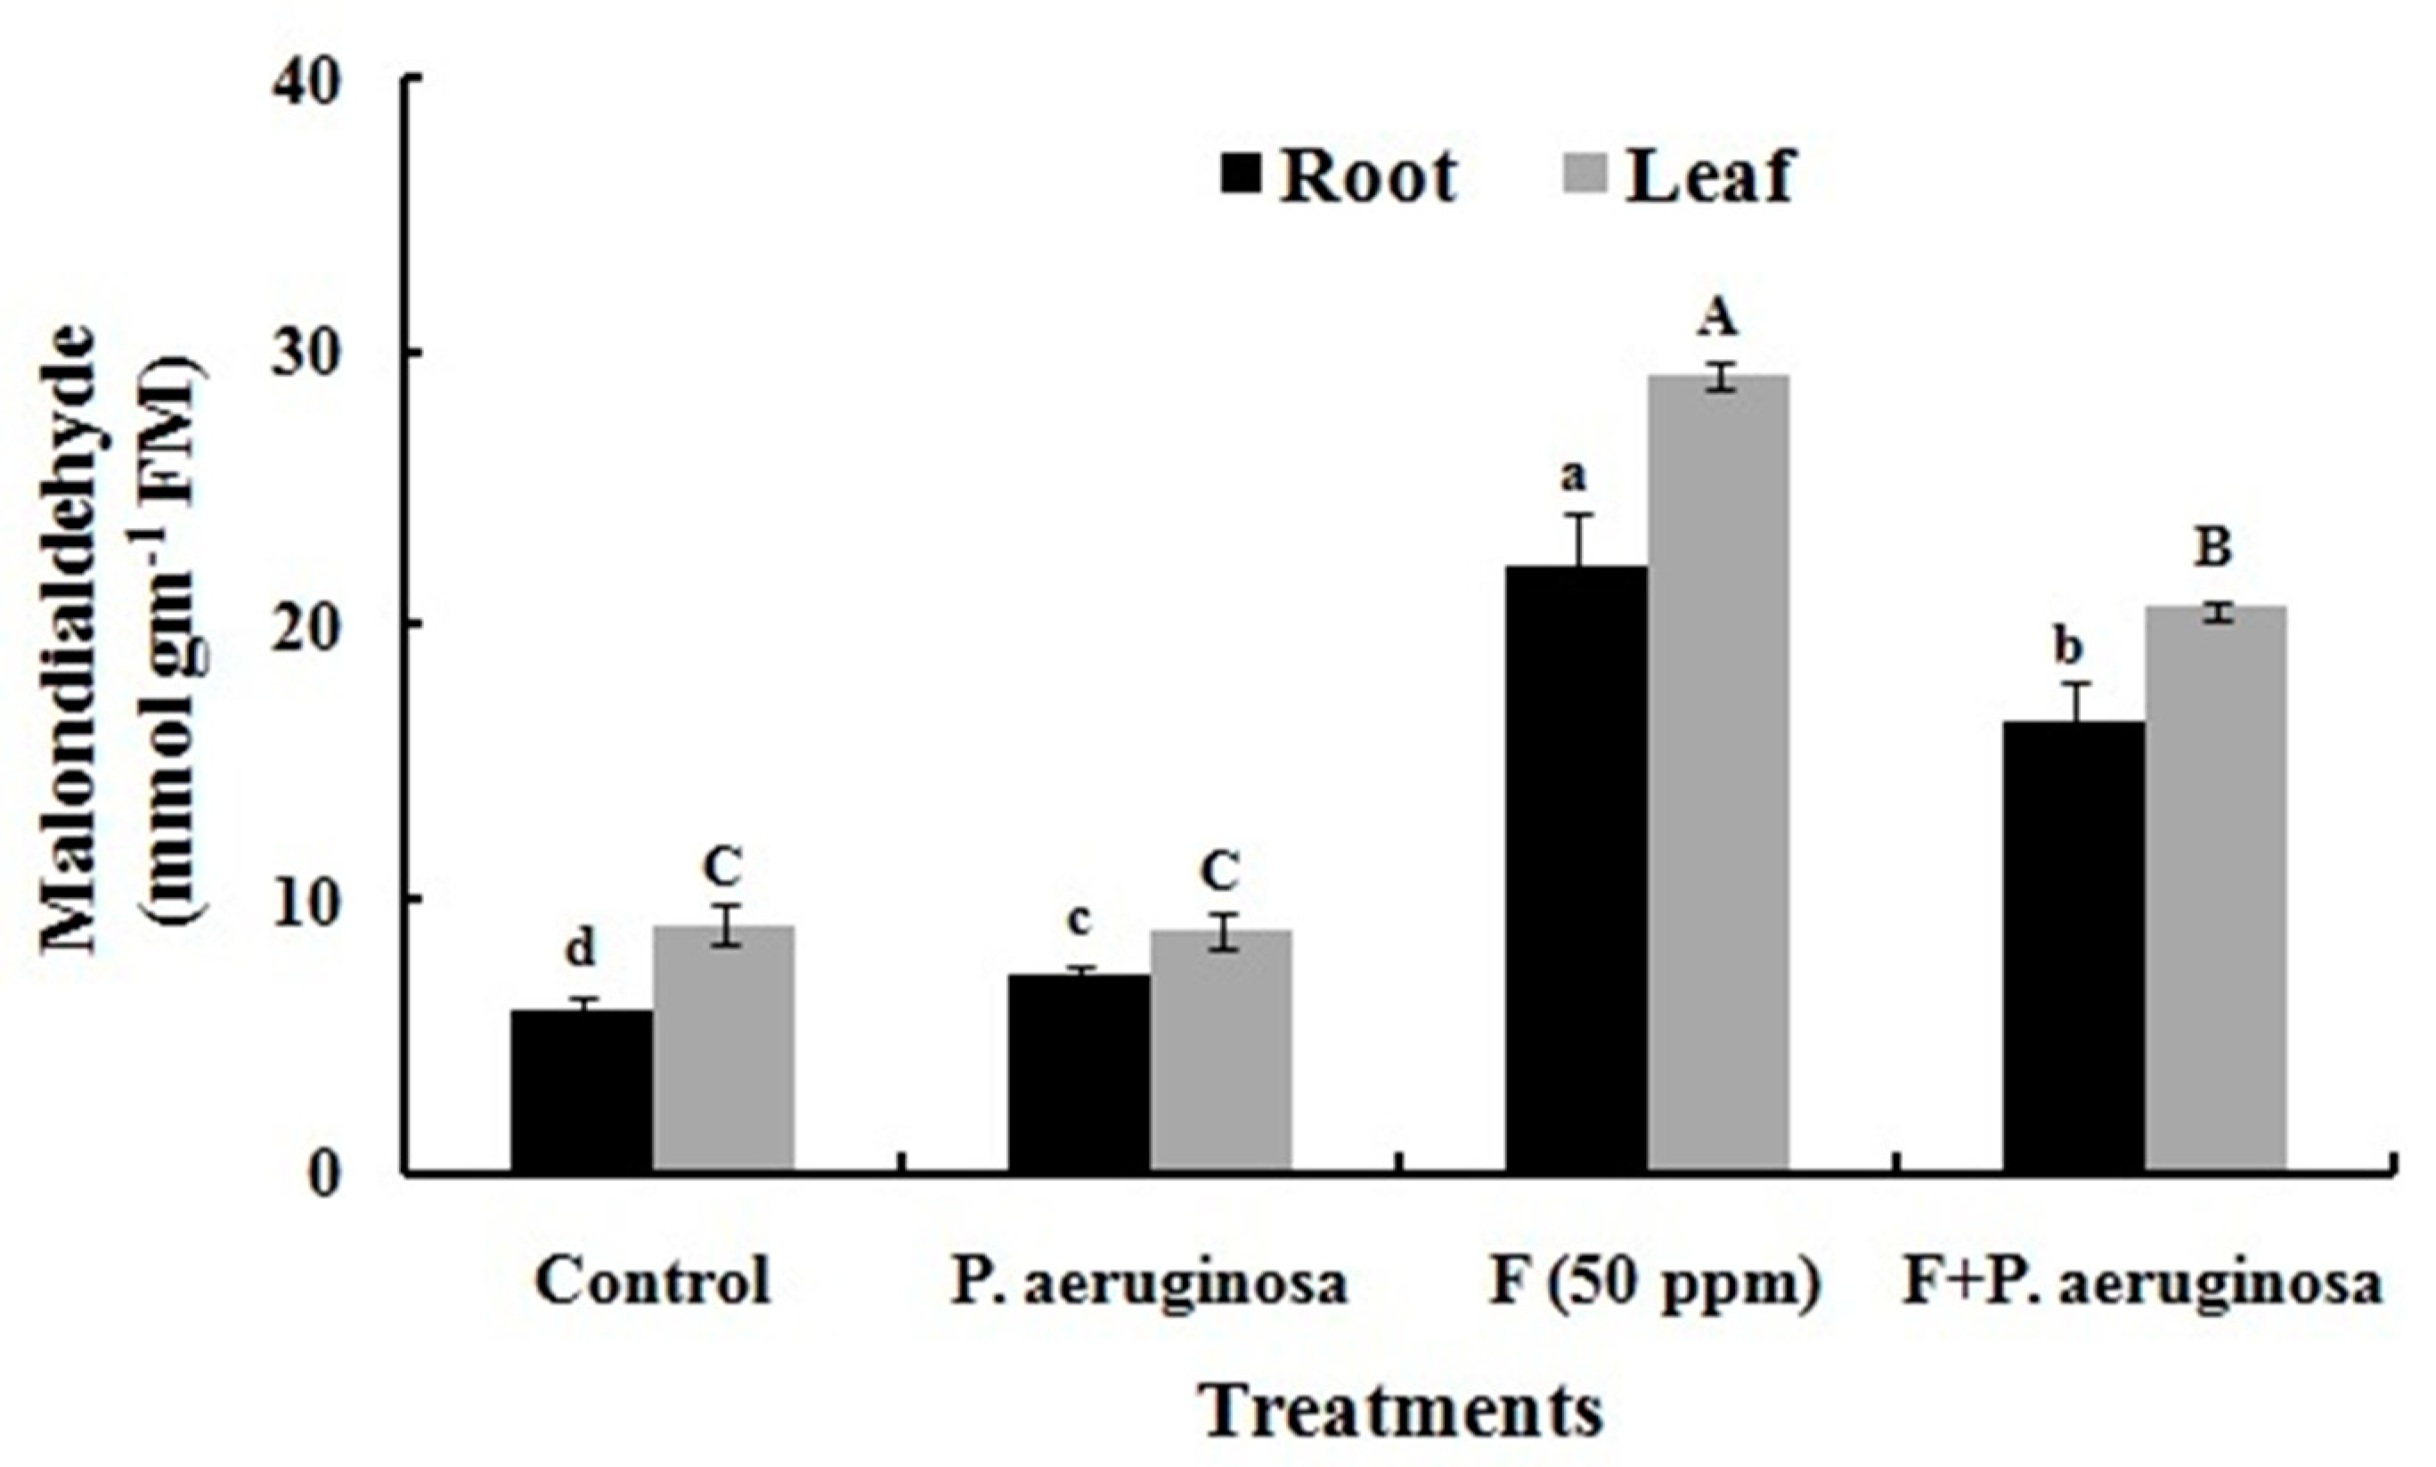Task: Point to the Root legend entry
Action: (x=1339, y=178)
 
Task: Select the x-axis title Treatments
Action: (x=1401, y=1412)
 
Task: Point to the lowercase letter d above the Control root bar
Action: (x=581, y=951)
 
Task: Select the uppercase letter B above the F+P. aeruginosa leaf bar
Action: (x=2213, y=549)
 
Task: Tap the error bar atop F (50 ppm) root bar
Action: (x=1578, y=540)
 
